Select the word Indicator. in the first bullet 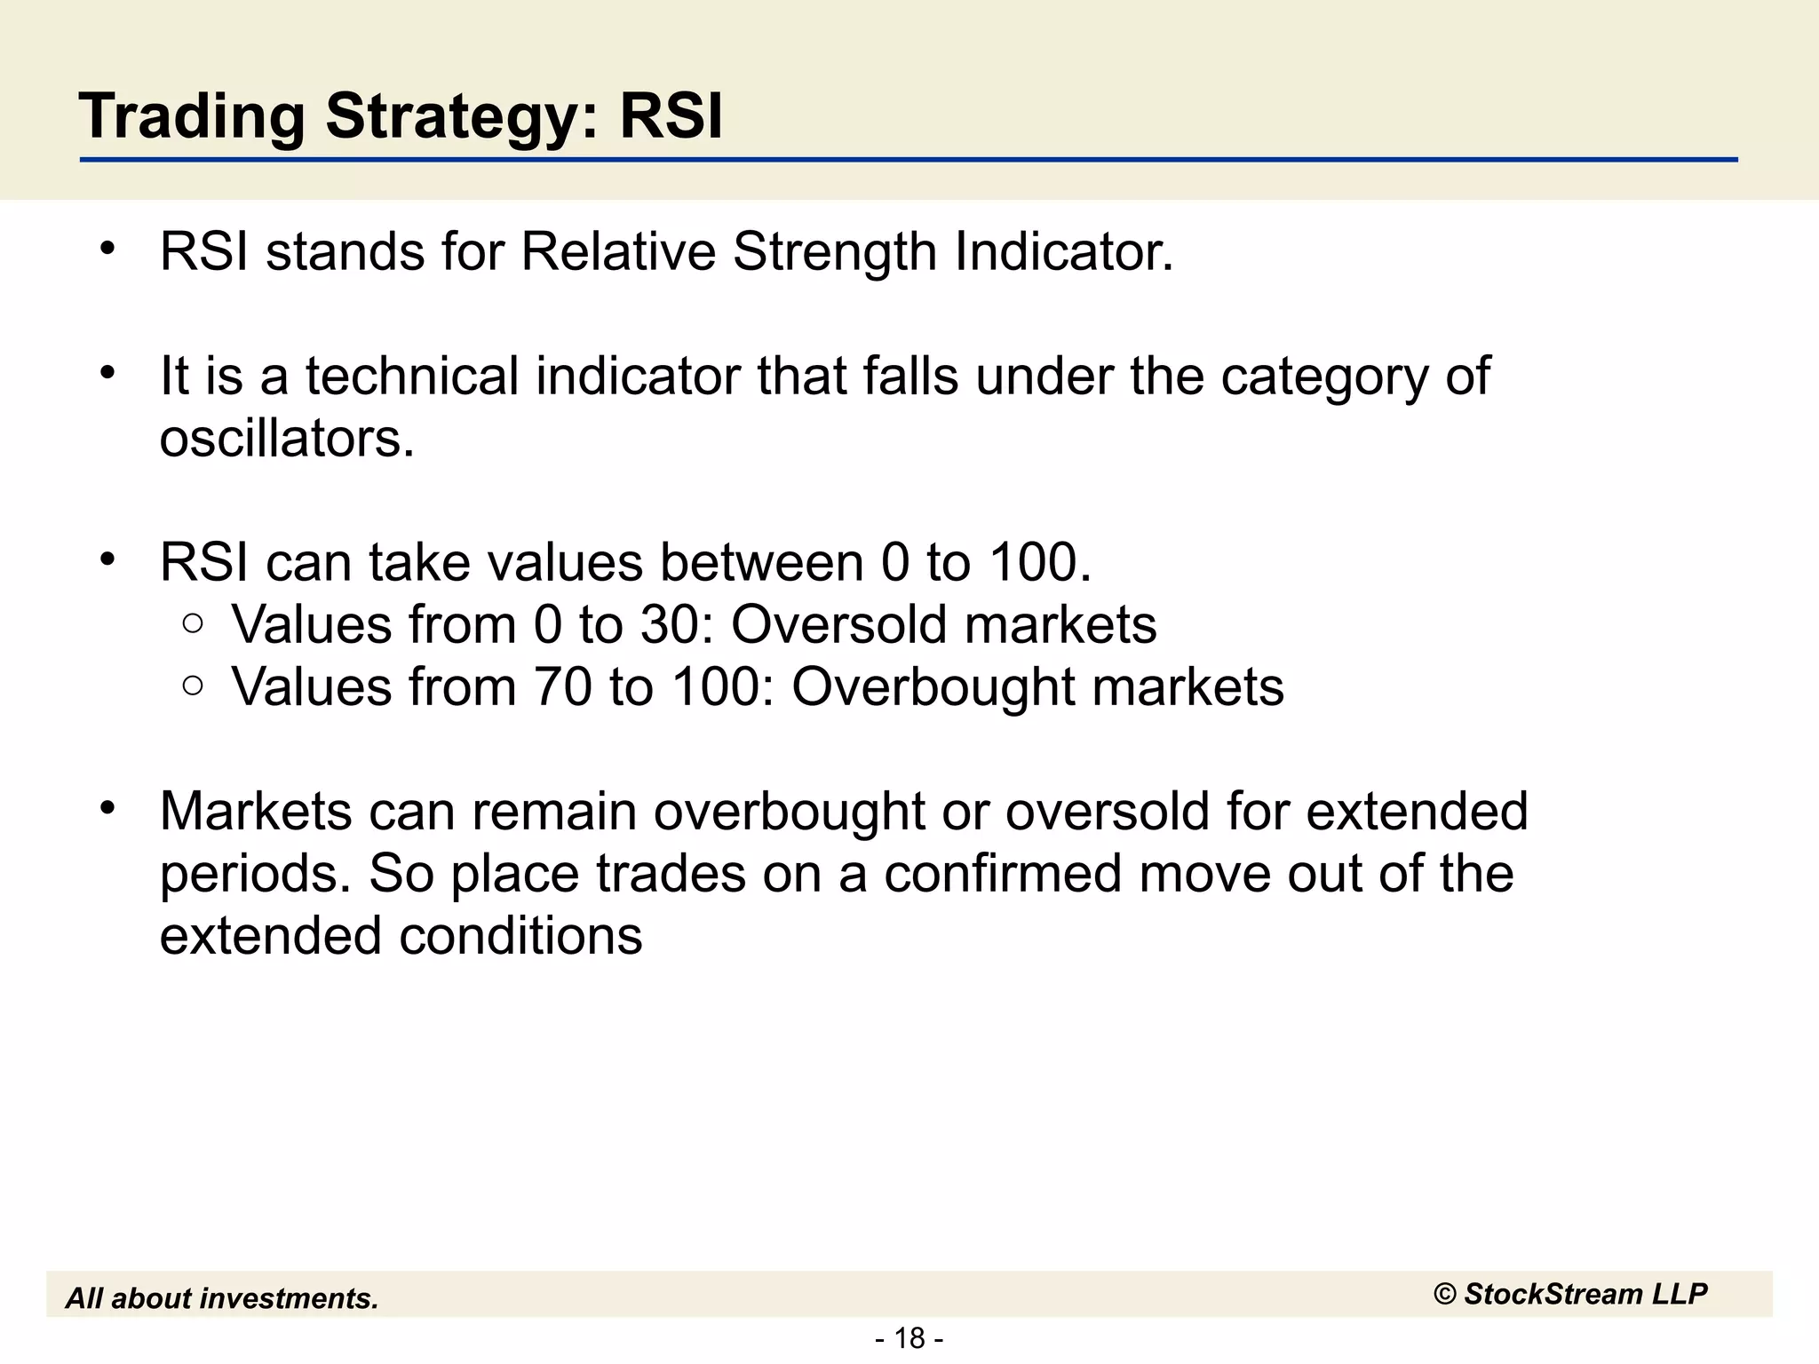point(1063,252)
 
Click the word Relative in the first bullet point(617,252)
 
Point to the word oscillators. point(287,439)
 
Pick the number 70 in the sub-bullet point(562,687)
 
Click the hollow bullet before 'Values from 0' point(193,624)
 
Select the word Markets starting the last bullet point(256,812)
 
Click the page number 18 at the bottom point(909,1337)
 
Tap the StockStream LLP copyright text point(1569,1294)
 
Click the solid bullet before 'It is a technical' point(107,373)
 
